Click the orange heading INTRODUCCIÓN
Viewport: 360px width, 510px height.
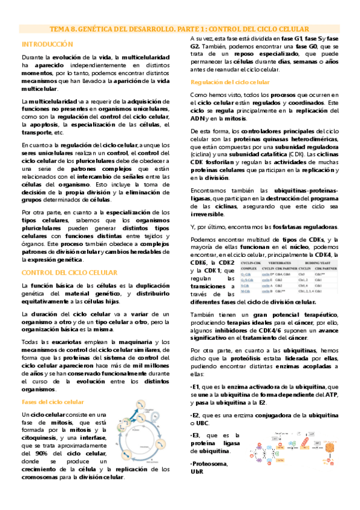(x=47, y=45)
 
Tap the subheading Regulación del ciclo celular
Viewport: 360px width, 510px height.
(x=221, y=82)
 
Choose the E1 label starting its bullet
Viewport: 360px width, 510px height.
(x=195, y=386)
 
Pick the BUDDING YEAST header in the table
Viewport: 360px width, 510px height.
(x=322, y=263)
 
